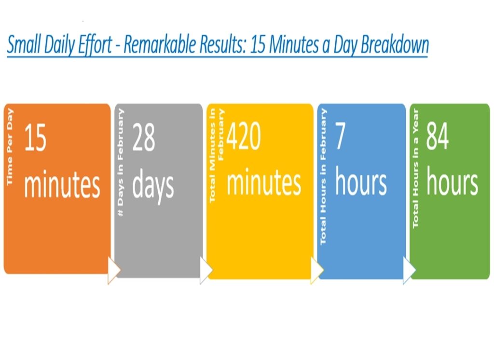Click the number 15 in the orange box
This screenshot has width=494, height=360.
tap(35, 138)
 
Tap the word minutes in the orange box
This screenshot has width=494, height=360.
tap(62, 184)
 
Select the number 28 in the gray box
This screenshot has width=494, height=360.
tap(144, 137)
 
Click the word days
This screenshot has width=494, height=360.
tap(153, 186)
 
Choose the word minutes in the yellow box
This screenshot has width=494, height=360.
tap(264, 182)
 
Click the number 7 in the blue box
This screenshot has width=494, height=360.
tap(340, 136)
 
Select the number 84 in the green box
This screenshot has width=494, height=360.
tap(437, 136)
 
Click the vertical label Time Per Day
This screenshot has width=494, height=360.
tap(10, 147)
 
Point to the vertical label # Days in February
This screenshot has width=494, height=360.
tap(120, 162)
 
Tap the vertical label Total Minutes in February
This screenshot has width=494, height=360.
tap(217, 155)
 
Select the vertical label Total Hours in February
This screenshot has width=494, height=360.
tap(323, 177)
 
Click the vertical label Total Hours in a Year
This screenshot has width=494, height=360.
tap(415, 168)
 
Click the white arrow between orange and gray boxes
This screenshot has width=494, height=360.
tap(114, 270)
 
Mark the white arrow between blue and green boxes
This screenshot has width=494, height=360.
tap(409, 270)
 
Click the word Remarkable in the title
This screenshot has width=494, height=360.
tap(159, 44)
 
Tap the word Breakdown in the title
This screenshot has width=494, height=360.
tap(395, 44)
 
